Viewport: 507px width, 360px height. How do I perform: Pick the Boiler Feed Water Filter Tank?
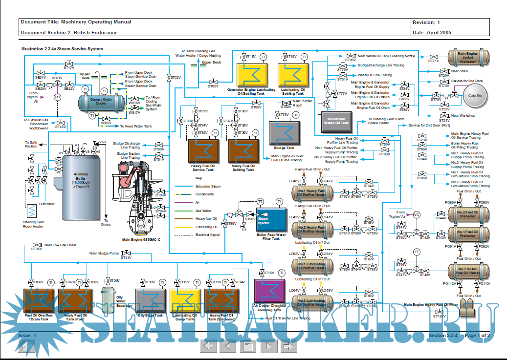coord(271,221)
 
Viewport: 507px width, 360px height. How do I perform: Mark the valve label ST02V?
coord(176,78)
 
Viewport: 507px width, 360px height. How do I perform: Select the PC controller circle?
coord(57,97)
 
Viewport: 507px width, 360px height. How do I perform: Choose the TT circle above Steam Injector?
coord(260,202)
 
